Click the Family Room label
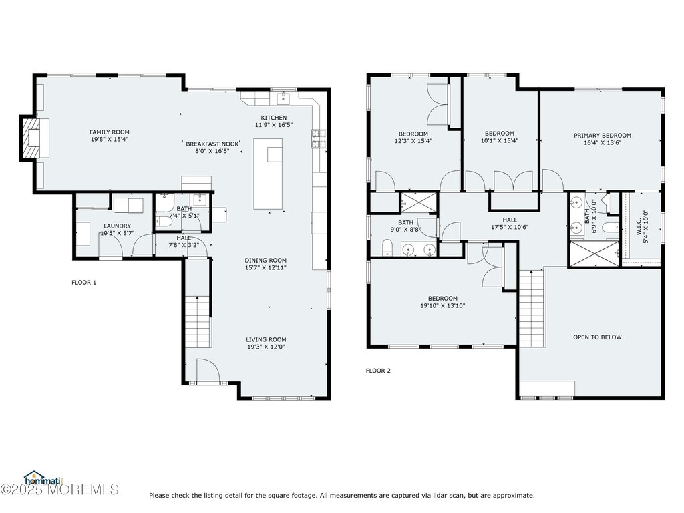point(110,132)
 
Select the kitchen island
point(269,174)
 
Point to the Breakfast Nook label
point(212,144)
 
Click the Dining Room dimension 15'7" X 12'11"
point(265,267)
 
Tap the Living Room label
point(266,339)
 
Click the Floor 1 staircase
point(198,321)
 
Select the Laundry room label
point(117,226)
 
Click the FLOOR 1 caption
point(83,283)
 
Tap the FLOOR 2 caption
point(378,371)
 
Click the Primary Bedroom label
point(603,135)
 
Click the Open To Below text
point(597,337)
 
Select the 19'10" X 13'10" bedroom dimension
point(443,306)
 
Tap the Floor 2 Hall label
point(510,220)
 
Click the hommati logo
point(43,478)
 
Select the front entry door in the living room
point(208,371)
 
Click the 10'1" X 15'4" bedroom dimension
point(500,140)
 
